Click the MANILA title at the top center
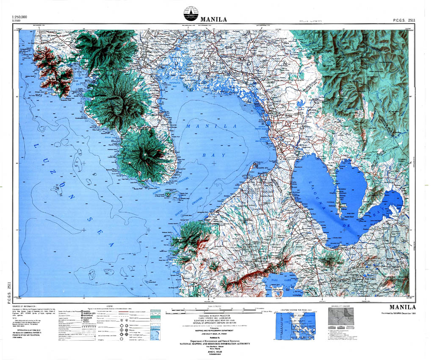tap(214, 19)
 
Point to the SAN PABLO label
tap(371, 278)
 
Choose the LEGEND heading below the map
tap(109, 306)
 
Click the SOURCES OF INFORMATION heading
tap(23, 306)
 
